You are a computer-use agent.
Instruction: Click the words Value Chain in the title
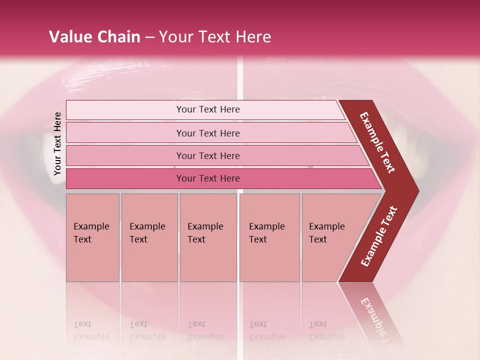point(94,37)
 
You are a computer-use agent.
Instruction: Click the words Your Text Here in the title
point(215,37)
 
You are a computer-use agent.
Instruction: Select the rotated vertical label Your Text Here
point(57,144)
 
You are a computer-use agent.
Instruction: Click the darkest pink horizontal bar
point(125,178)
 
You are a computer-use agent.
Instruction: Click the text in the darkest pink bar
point(208,178)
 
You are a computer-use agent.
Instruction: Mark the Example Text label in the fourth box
point(266,233)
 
